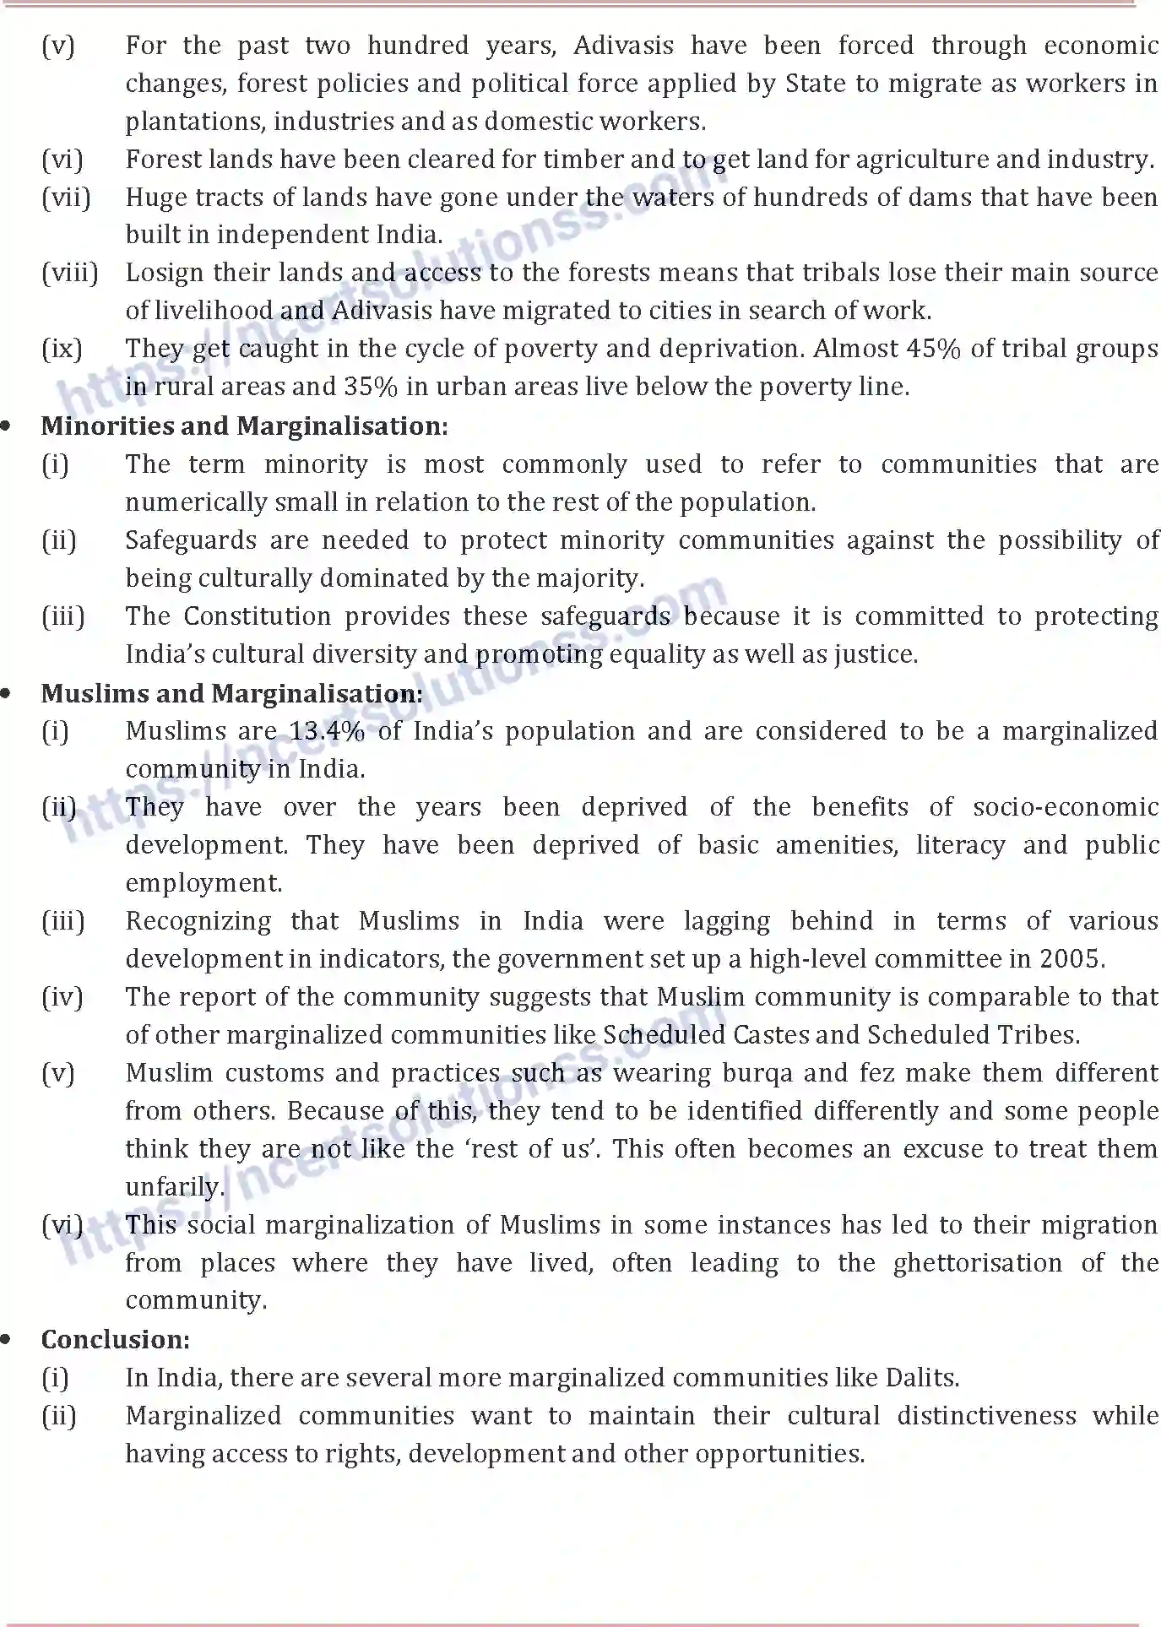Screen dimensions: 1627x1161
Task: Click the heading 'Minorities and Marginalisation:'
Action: pos(244,426)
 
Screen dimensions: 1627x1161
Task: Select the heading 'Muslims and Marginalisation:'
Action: pos(231,694)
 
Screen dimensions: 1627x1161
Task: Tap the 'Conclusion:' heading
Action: pos(116,1340)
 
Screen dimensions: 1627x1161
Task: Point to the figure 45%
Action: pos(933,349)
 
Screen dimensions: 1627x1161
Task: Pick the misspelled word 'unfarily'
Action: pos(175,1187)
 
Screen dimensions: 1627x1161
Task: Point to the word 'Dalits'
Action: pos(922,1378)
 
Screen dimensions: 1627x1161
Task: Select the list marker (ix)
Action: pos(62,349)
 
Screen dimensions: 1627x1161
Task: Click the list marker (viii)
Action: pos(69,273)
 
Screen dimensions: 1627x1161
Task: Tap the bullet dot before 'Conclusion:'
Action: pos(7,1340)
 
